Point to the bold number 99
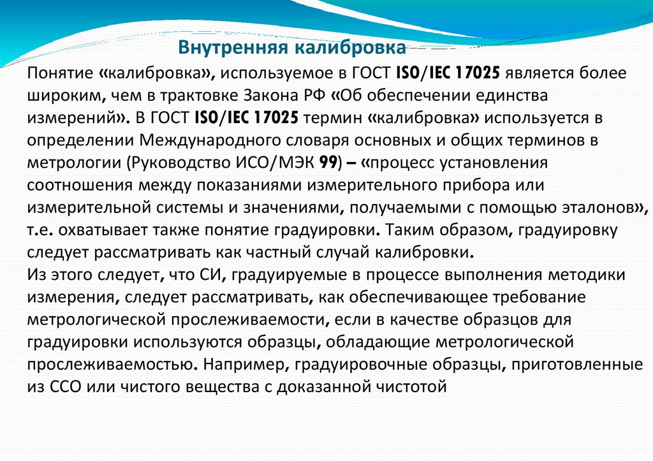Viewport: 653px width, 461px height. (328, 163)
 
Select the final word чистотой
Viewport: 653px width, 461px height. (409, 386)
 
